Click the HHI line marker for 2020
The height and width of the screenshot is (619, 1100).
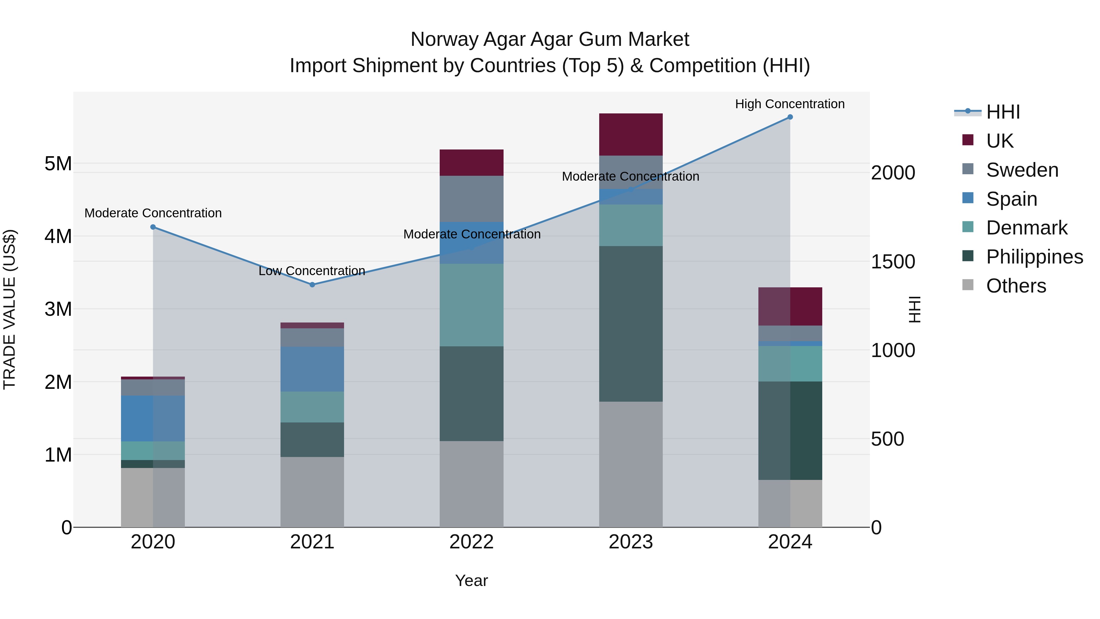(x=153, y=227)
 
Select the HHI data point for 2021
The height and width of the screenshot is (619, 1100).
(x=312, y=285)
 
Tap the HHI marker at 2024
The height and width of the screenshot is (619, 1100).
(x=790, y=117)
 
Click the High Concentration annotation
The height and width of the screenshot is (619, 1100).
(x=790, y=104)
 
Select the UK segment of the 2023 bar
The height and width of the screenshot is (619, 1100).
(x=631, y=134)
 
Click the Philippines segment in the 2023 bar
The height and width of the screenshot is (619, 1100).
(x=631, y=323)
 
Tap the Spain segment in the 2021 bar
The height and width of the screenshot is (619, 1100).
(x=312, y=369)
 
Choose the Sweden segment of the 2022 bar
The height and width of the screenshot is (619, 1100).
(x=471, y=199)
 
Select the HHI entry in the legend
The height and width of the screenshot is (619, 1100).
(x=1003, y=112)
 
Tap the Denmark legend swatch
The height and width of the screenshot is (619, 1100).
(x=968, y=227)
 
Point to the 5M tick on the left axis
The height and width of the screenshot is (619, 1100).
(x=58, y=164)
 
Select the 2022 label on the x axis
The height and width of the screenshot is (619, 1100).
(x=471, y=542)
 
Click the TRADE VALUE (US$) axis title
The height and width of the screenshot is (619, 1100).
(x=9, y=309)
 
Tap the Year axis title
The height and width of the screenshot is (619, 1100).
(x=471, y=580)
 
